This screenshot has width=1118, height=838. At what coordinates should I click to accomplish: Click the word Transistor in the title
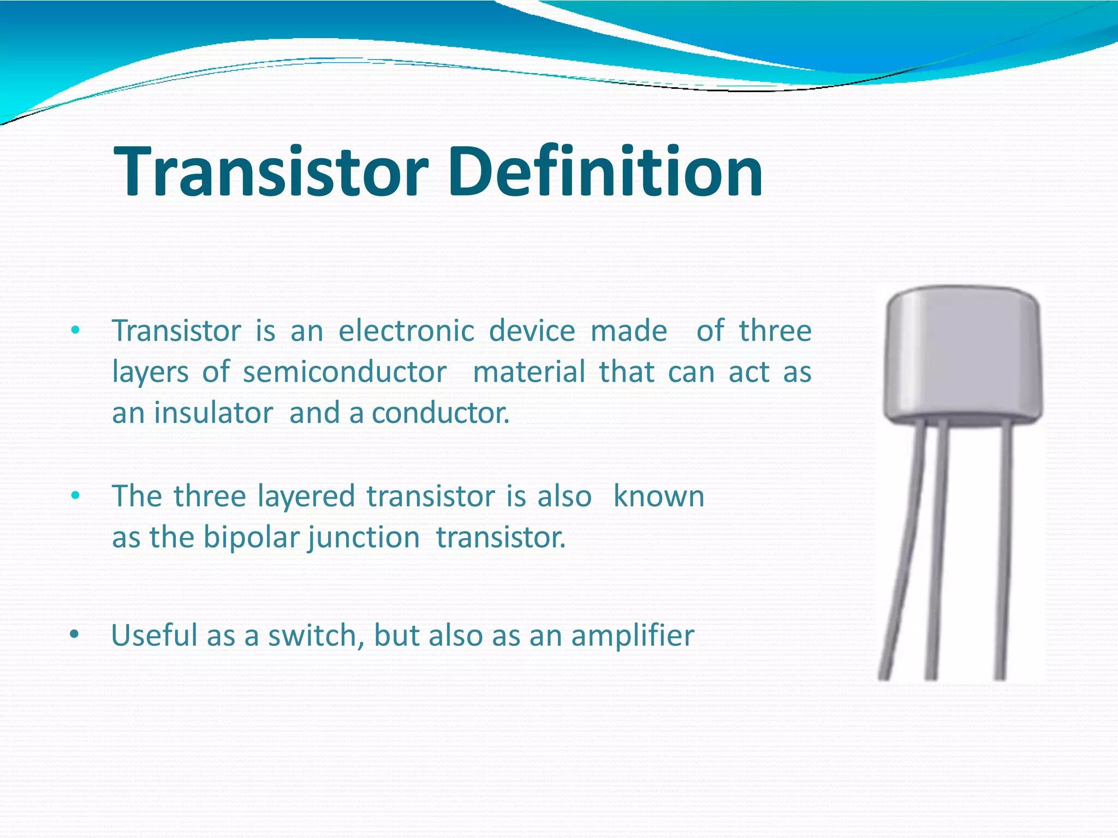tap(270, 172)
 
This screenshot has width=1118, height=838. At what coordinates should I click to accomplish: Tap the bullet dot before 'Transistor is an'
tap(75, 331)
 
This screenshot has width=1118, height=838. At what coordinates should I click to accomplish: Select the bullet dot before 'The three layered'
tap(75, 495)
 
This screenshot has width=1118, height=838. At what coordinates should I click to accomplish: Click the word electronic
tap(406, 331)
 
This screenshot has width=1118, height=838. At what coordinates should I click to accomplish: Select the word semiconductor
tap(344, 373)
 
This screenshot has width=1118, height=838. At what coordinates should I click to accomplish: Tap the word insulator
tap(213, 413)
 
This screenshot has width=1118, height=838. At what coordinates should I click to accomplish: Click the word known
tap(658, 496)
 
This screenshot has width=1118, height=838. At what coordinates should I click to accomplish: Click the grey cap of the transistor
tap(963, 355)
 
